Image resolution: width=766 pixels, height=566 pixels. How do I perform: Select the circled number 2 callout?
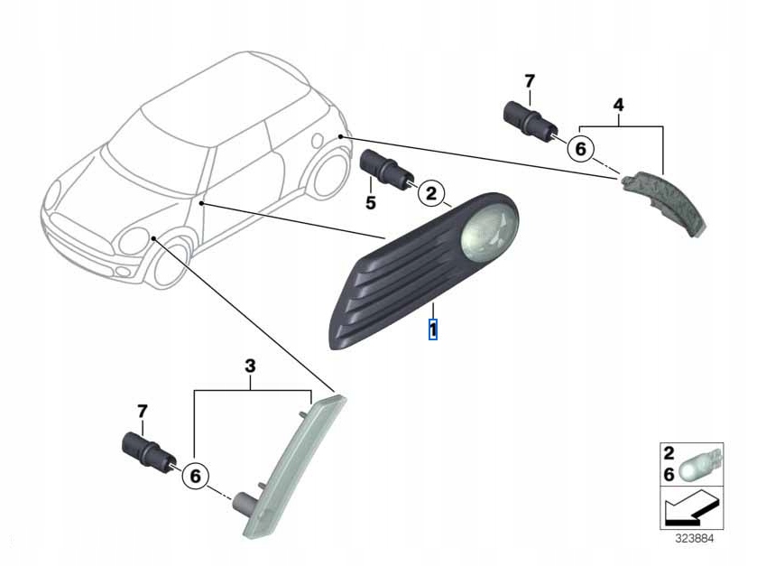[430, 192]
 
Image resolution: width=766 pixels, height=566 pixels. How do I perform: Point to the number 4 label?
[618, 105]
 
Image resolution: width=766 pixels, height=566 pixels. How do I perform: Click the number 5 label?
[370, 203]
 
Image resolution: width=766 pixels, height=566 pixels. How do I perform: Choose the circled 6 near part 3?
[194, 475]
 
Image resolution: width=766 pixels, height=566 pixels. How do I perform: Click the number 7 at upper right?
[530, 80]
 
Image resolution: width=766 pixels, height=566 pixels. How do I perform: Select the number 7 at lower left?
[142, 412]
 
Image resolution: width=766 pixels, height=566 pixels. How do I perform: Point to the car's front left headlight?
[134, 241]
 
